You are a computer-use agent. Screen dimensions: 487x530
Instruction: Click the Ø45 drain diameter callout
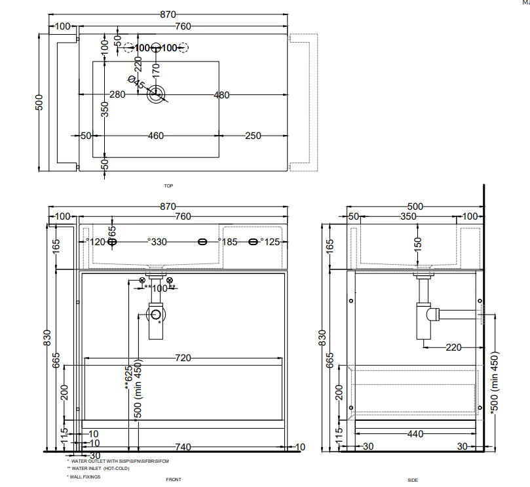coord(136,83)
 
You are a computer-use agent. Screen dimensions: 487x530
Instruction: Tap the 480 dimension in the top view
coord(221,95)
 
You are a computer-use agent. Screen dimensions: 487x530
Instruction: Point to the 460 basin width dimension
coord(155,136)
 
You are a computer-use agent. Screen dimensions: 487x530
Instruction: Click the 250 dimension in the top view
coord(253,136)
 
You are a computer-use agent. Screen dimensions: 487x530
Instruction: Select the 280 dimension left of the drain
coord(117,95)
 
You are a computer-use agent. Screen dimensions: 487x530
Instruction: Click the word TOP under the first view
coord(168,186)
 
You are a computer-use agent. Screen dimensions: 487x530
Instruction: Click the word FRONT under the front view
coord(174,480)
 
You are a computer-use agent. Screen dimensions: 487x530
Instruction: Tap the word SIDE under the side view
coord(413,480)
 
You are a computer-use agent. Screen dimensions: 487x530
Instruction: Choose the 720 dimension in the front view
coord(183,358)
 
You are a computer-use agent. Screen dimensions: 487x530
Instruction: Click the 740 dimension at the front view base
coord(183,447)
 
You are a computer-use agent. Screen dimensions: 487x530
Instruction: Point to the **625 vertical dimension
coord(128,382)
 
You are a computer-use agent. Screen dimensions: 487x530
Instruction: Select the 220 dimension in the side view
coord(453,347)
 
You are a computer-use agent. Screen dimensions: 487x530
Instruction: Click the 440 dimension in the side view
coord(415,434)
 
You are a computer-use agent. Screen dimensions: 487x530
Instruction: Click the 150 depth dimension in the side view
coord(417,244)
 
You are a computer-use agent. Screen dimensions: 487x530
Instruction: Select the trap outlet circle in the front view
coord(156,315)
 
